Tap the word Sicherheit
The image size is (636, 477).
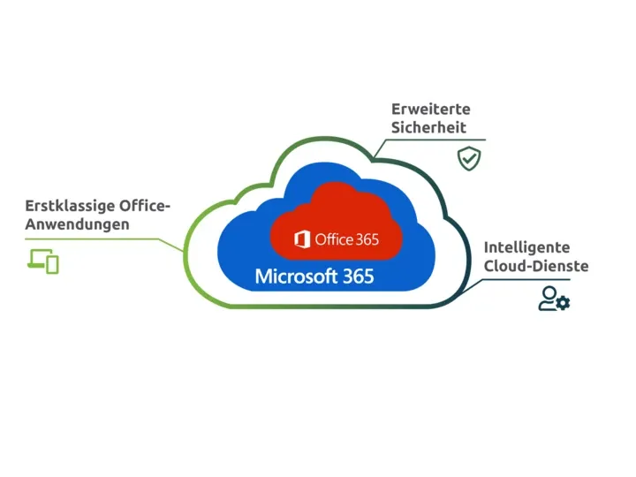click(x=428, y=128)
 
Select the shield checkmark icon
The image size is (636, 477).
click(x=468, y=158)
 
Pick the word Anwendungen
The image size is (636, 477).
click(x=77, y=225)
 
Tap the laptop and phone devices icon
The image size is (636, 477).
click(x=43, y=261)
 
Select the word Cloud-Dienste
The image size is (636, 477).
click(x=536, y=266)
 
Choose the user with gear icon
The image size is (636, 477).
click(x=555, y=299)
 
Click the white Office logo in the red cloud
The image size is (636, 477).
click(x=302, y=239)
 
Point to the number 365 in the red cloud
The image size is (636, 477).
click(x=366, y=239)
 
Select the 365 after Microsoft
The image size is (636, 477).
click(x=358, y=276)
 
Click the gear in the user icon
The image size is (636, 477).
click(x=564, y=304)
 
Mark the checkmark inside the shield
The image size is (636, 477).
click(x=468, y=159)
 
